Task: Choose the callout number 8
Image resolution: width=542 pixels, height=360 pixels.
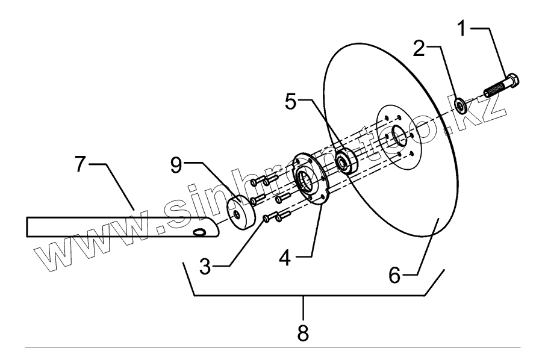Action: coord(304,332)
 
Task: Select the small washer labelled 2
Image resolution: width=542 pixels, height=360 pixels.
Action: coord(459,106)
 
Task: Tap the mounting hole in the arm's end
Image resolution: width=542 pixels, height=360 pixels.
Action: coord(199,232)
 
